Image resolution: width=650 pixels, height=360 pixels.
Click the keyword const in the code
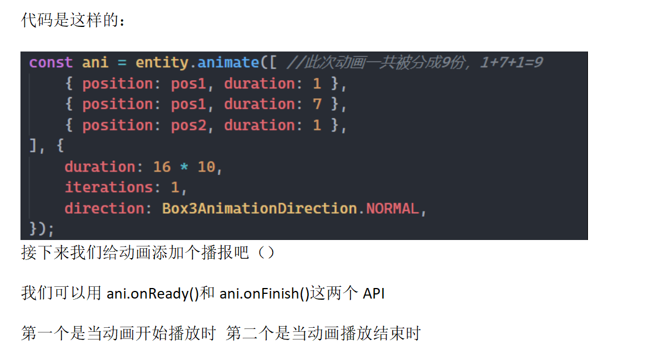coord(50,63)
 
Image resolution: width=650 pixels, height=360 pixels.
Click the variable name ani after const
coord(95,63)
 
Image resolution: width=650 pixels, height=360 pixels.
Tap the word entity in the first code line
coord(161,63)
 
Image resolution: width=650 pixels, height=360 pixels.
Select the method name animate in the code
coord(228,63)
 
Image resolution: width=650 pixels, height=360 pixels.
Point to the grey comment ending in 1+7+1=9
coord(415,63)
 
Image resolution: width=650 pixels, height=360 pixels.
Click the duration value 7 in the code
coord(317,104)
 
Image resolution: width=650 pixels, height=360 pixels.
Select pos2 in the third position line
coord(188,126)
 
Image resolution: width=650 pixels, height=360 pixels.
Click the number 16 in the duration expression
coord(161,167)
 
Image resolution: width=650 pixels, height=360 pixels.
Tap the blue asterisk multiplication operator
coord(184,167)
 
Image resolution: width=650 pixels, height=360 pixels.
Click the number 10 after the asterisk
coord(206,167)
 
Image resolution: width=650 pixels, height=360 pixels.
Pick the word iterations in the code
coord(109,187)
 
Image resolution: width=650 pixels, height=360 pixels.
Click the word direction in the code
coord(104,208)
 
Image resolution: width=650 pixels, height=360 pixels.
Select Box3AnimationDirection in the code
coord(260,208)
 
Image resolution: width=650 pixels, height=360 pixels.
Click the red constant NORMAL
coord(393,208)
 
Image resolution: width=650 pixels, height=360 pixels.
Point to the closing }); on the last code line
coord(42,229)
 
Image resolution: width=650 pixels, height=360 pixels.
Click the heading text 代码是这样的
coord(69,20)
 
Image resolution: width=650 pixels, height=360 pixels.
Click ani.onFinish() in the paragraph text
coord(264,294)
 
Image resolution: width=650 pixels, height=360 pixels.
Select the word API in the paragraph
coord(373,294)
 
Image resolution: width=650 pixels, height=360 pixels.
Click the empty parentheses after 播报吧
coord(266,252)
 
